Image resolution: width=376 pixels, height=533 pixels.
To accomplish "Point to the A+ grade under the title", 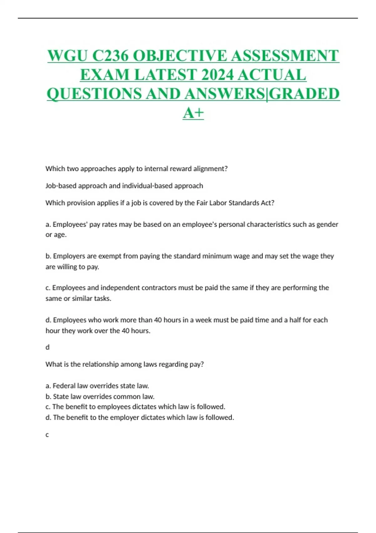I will click(193, 113).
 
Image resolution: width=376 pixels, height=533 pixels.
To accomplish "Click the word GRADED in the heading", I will click(304, 94).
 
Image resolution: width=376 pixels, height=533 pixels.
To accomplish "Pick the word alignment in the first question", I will click(210, 169).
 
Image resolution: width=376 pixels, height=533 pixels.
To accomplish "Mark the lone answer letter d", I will click(48, 347).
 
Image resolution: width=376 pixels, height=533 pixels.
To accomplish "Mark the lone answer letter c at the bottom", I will click(47, 435).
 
